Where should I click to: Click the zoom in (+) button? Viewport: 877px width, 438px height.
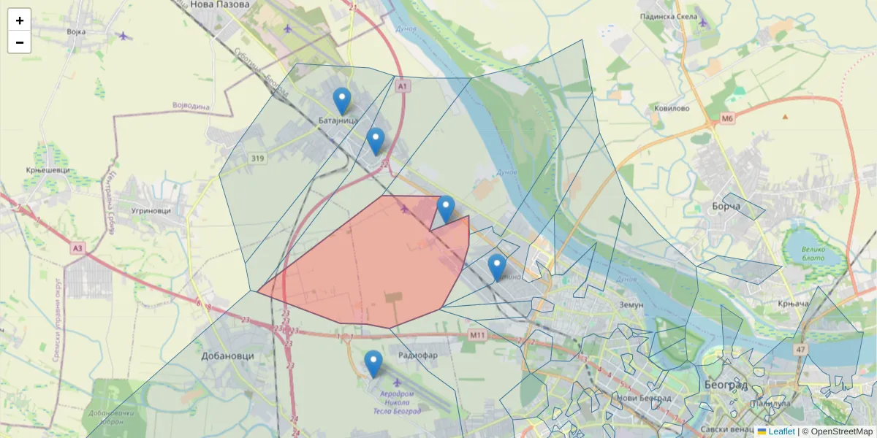pyautogui.click(x=20, y=20)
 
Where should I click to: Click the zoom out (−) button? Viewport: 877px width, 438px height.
pyautogui.click(x=20, y=42)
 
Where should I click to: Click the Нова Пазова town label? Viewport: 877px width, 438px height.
pyautogui.click(x=219, y=4)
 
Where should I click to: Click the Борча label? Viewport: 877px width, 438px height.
pyautogui.click(x=726, y=207)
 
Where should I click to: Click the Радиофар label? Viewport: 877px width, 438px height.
pyautogui.click(x=418, y=355)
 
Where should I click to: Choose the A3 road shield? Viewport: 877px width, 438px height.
pyautogui.click(x=78, y=248)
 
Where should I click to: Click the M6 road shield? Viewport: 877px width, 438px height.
pyautogui.click(x=726, y=118)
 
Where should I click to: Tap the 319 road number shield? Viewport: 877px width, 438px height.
pyautogui.click(x=257, y=158)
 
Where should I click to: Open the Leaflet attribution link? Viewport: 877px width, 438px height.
pyautogui.click(x=781, y=431)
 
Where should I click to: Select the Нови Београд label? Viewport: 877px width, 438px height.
pyautogui.click(x=643, y=399)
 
